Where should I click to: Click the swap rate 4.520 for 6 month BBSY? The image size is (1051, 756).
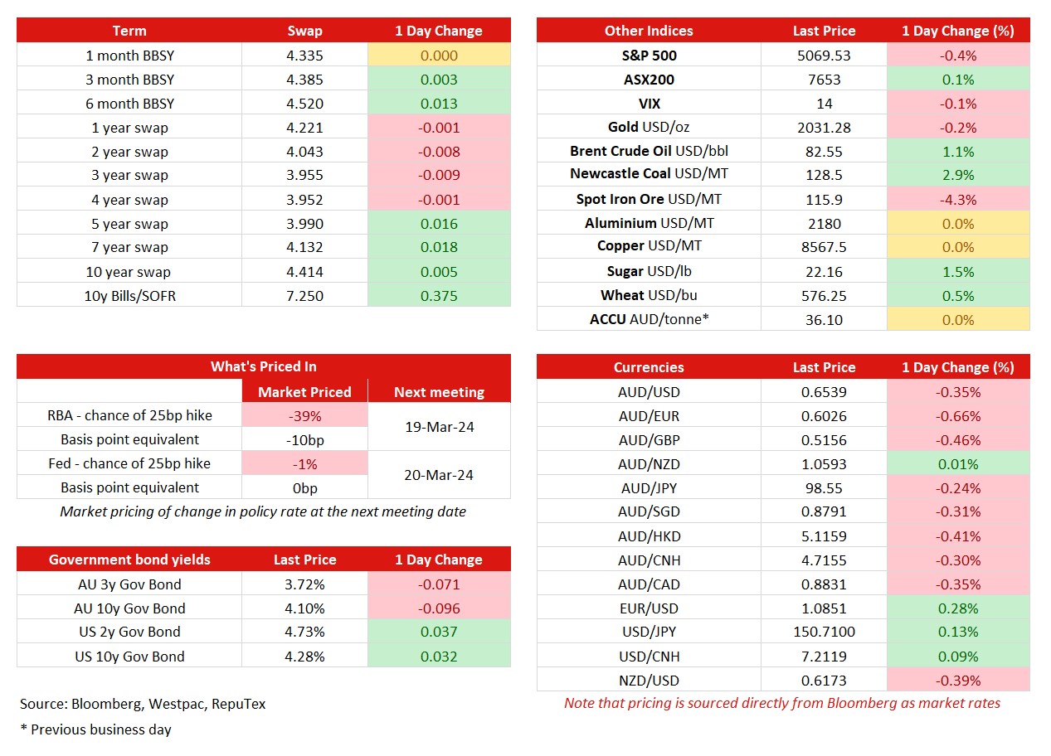pyautogui.click(x=304, y=103)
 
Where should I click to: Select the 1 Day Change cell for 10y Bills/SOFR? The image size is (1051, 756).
pyautogui.click(x=439, y=295)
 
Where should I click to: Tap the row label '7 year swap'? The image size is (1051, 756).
pyautogui.click(x=129, y=247)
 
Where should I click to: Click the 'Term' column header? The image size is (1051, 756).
pyautogui.click(x=129, y=31)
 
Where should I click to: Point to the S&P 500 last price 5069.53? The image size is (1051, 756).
pyautogui.click(x=824, y=56)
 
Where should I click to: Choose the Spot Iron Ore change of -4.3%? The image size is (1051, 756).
pyautogui.click(x=957, y=200)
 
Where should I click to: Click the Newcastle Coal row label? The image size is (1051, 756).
pyautogui.click(x=649, y=173)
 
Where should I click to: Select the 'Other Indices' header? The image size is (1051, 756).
pyautogui.click(x=649, y=31)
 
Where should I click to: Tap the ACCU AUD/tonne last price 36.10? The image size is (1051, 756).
pyautogui.click(x=824, y=319)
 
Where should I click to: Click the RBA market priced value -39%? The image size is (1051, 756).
pyautogui.click(x=304, y=416)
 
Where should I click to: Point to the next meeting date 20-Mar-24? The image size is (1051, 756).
pyautogui.click(x=439, y=475)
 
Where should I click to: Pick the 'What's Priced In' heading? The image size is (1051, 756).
pyautogui.click(x=263, y=366)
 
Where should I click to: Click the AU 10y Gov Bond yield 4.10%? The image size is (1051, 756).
pyautogui.click(x=304, y=608)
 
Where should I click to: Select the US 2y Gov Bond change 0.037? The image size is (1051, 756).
pyautogui.click(x=439, y=632)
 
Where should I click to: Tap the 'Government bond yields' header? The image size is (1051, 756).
pyautogui.click(x=129, y=560)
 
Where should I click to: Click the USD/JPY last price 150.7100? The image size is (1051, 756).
pyautogui.click(x=824, y=632)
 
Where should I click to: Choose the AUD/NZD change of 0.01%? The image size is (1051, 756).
pyautogui.click(x=957, y=464)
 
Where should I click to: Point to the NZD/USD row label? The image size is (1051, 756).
pyautogui.click(x=649, y=680)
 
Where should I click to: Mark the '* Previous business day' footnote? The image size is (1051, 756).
pyautogui.click(x=95, y=729)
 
